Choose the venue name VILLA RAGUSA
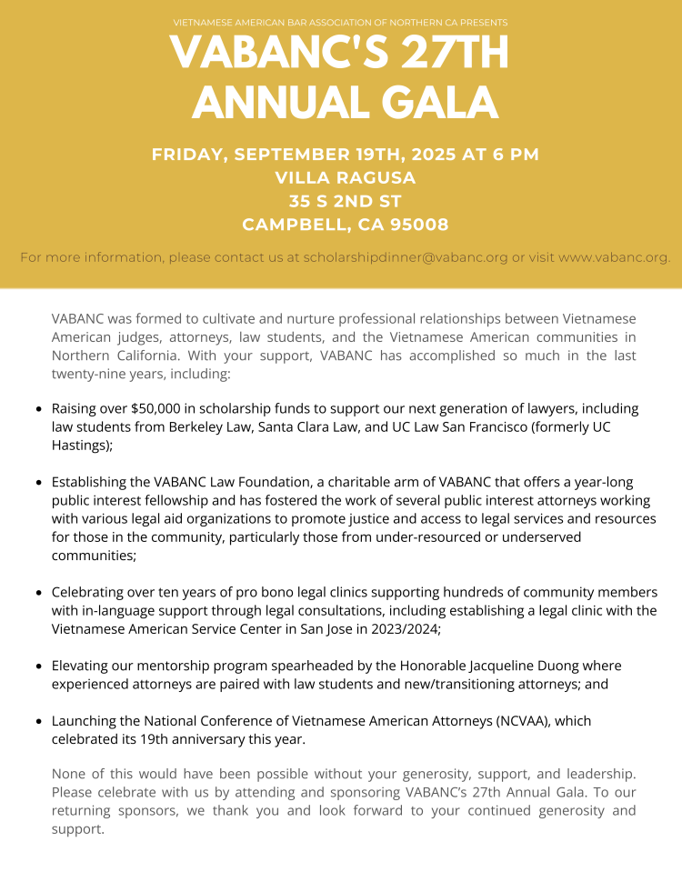(x=345, y=177)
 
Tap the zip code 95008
(x=415, y=225)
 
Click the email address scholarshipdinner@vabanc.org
(x=406, y=257)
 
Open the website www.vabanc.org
(x=615, y=257)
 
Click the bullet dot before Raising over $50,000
(x=38, y=409)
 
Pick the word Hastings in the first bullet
(x=79, y=446)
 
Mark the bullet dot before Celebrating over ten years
(x=38, y=592)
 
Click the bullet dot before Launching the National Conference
(x=38, y=721)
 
